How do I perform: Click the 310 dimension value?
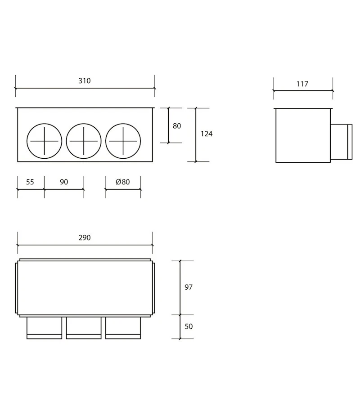tap(85, 81)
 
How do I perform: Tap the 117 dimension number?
tap(302, 84)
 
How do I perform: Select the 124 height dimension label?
tap(207, 134)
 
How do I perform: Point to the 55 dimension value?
tap(30, 182)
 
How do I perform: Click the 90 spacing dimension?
tap(64, 182)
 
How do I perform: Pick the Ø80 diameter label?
tap(123, 182)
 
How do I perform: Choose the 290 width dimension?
tap(85, 237)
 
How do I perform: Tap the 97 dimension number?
tap(189, 287)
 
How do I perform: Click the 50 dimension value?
tap(189, 326)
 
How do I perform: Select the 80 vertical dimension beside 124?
tap(177, 126)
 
